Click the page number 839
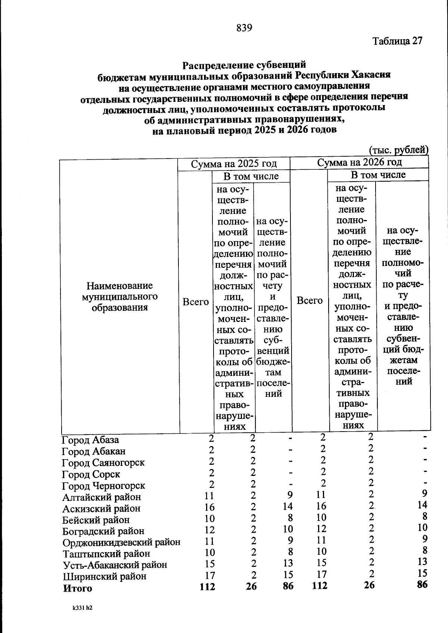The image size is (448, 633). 245,28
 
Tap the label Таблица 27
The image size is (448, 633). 397,41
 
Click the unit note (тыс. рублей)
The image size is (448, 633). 398,150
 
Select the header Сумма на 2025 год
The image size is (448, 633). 234,164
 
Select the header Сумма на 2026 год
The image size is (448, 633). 359,162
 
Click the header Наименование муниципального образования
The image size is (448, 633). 119,297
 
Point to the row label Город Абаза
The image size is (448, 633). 90,440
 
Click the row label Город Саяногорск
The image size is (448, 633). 103,463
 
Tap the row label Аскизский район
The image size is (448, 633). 101,508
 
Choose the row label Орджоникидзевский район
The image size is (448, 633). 121,542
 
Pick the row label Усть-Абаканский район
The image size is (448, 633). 115,565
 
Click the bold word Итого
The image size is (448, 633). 77,588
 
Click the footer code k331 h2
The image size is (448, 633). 83,608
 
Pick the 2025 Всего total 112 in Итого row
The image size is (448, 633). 208,587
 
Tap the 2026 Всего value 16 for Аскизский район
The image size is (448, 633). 321,506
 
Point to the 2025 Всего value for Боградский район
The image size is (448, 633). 210,530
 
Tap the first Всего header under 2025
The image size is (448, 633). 196,302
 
